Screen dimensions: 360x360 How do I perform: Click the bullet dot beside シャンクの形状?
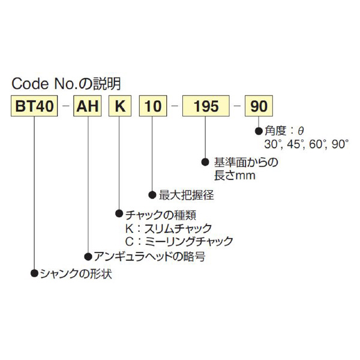point(34,275)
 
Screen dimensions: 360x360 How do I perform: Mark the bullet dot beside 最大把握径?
point(152,195)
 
